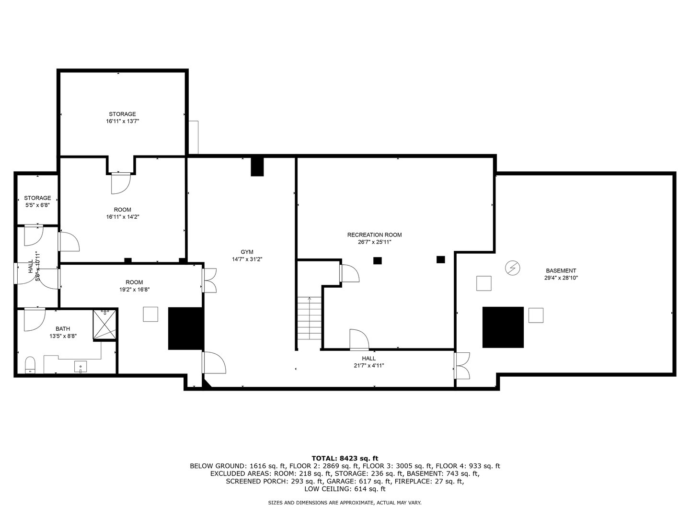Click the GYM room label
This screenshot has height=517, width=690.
247,252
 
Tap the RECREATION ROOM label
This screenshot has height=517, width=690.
374,235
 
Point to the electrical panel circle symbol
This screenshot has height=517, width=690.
512,268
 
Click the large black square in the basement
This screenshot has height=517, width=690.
503,327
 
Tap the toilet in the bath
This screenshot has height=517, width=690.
30,365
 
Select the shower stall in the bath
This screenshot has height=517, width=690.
105,324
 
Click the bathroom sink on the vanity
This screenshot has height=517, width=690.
81,367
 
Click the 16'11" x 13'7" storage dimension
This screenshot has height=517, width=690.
122,122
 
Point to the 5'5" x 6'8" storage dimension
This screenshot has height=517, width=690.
37,205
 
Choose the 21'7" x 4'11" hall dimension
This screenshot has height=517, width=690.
368,365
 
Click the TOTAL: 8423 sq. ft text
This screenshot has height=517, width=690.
345,458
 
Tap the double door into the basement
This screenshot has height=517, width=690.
462,366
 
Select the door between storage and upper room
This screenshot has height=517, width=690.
121,182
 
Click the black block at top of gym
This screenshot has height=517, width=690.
257,167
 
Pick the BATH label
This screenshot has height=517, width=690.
63,329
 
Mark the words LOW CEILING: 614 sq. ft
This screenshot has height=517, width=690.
345,489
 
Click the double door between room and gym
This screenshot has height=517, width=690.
209,280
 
